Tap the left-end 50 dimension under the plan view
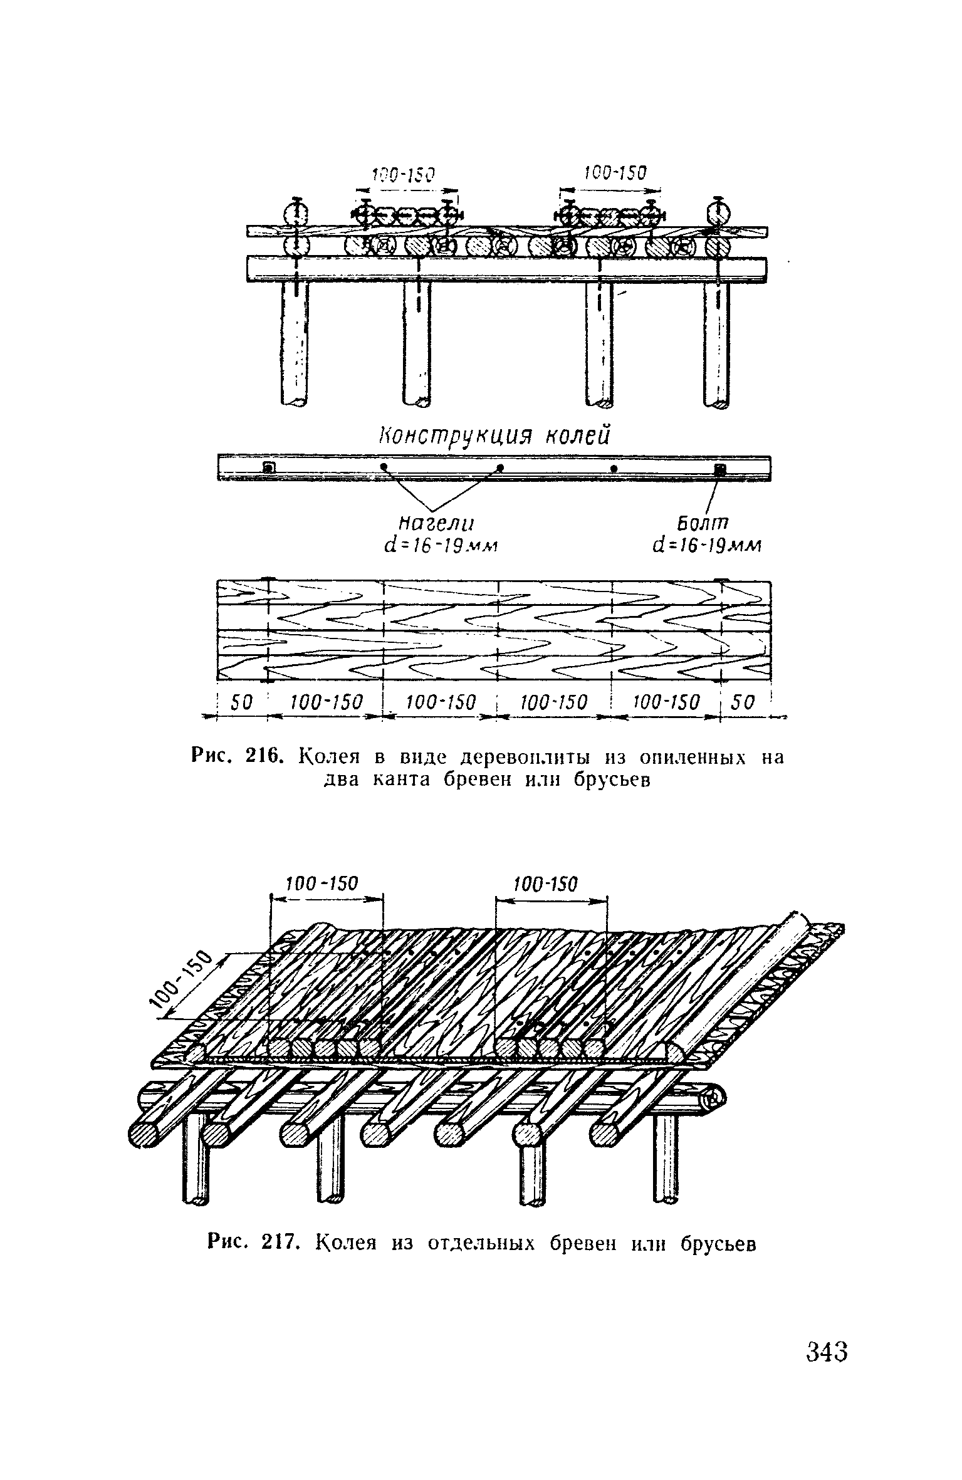241,702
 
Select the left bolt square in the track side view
268,467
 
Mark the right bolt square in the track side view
719,469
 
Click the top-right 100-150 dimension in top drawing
614,174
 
